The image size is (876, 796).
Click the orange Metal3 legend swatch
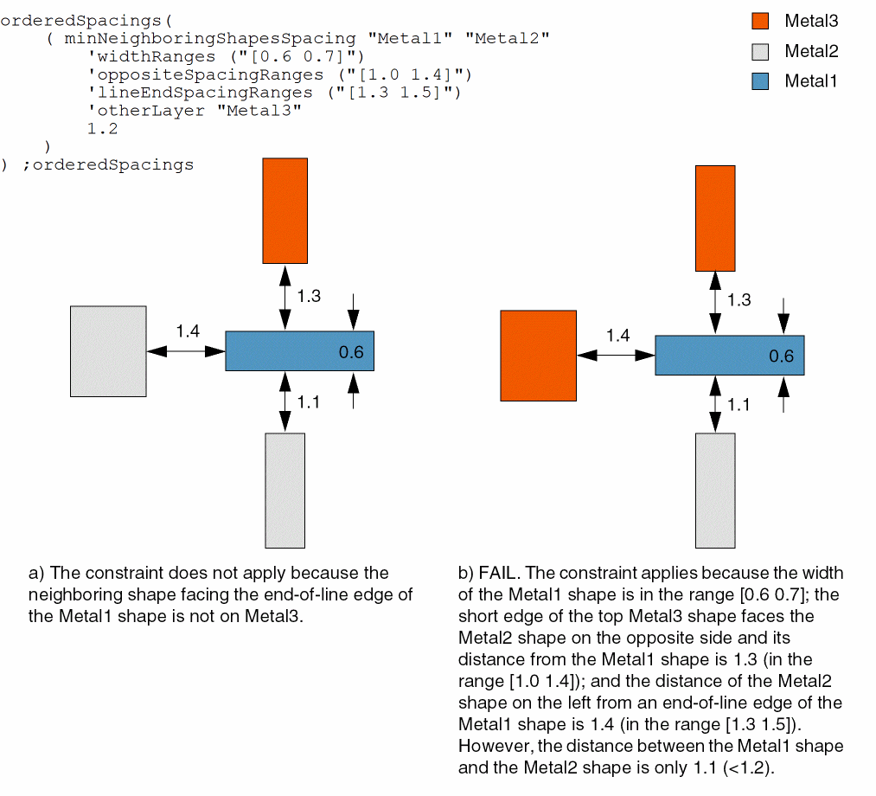click(760, 22)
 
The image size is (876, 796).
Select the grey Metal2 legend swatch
click(760, 51)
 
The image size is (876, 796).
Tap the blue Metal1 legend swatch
click(760, 81)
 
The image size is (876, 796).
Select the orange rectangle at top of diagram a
click(285, 210)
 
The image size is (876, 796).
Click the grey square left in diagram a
click(108, 350)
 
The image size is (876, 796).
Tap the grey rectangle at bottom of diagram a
click(285, 491)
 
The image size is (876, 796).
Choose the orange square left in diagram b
click(538, 355)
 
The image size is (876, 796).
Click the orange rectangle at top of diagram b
click(715, 218)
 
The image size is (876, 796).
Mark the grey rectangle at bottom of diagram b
click(715, 491)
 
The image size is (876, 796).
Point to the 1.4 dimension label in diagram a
click(188, 331)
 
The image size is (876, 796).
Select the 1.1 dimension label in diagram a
click(309, 402)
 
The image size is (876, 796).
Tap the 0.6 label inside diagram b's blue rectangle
click(781, 356)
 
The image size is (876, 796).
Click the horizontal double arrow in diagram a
click(186, 350)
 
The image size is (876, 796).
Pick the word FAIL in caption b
click(498, 573)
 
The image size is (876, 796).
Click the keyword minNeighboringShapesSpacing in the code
click(209, 38)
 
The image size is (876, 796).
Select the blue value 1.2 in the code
click(102, 129)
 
